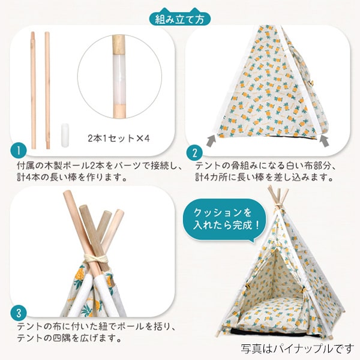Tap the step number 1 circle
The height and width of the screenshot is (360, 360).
click(x=19, y=151)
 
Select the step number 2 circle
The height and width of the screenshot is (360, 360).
click(x=194, y=152)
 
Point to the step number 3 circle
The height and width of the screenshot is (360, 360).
click(x=19, y=313)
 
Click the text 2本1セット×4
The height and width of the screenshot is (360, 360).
click(x=119, y=138)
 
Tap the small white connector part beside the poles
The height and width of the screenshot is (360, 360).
click(x=65, y=135)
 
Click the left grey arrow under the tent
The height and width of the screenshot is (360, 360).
click(x=211, y=140)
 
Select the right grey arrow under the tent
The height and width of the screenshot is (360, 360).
click(x=325, y=140)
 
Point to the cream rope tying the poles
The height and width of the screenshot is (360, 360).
click(x=96, y=259)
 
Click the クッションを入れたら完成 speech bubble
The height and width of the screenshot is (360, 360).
click(x=225, y=220)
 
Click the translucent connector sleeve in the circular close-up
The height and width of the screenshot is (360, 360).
click(x=119, y=79)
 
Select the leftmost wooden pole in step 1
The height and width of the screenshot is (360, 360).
click(x=33, y=90)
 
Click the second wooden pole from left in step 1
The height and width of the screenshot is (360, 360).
click(x=47, y=90)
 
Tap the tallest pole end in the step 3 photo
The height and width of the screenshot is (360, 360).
click(x=67, y=194)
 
